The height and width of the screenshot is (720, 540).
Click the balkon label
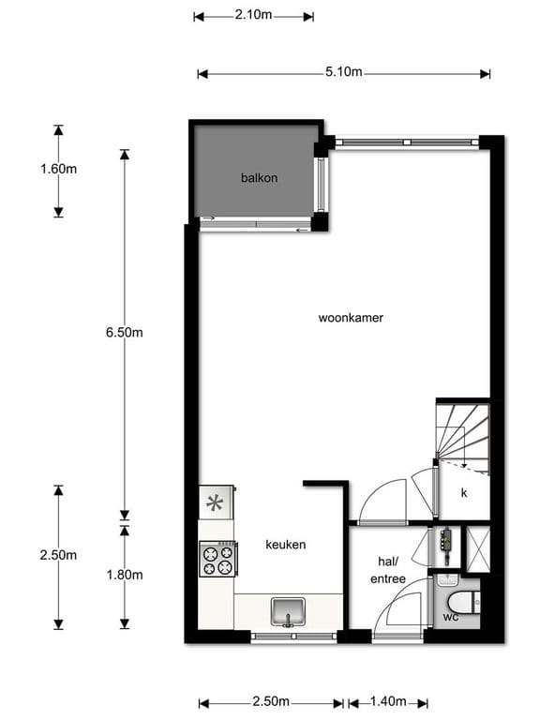(259, 177)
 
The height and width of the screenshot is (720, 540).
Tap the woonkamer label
(351, 318)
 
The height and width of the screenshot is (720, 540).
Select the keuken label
(285, 544)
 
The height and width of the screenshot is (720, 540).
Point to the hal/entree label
(387, 570)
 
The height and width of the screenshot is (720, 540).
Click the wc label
(451, 616)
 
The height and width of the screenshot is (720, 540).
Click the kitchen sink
(288, 612)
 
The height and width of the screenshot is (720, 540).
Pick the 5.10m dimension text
(344, 73)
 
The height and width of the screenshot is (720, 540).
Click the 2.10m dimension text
(253, 15)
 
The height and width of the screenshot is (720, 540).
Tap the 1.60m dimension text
(58, 169)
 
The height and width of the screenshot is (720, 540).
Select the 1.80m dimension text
(124, 575)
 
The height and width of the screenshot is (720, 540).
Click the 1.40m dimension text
(387, 702)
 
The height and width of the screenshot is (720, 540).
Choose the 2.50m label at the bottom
(271, 702)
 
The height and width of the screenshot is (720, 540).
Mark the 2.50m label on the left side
(58, 555)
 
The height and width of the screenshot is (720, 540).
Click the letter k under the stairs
(463, 492)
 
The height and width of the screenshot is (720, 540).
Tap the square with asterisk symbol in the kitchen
(216, 502)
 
